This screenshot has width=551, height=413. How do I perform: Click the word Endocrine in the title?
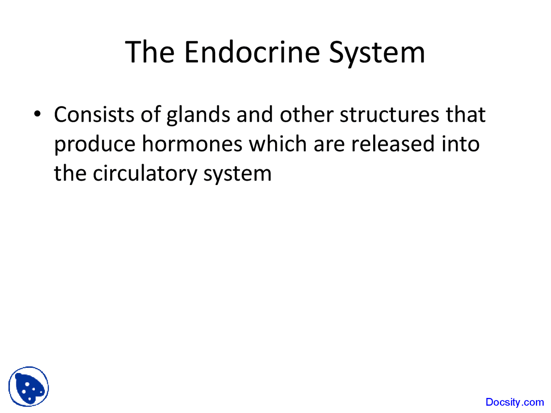pyautogui.click(x=253, y=52)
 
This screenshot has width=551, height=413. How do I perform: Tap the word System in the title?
pyautogui.click(x=377, y=52)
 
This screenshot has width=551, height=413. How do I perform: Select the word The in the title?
pyautogui.click(x=150, y=52)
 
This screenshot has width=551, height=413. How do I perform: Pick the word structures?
pyautogui.click(x=390, y=115)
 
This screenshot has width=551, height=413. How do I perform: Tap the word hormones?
pyautogui.click(x=192, y=144)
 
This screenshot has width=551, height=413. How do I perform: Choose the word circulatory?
pyautogui.click(x=145, y=173)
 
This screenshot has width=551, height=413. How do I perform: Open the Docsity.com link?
pyautogui.click(x=514, y=402)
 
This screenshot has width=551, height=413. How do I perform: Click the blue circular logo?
pyautogui.click(x=29, y=386)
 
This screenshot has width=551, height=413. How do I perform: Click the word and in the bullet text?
pyautogui.click(x=255, y=115)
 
